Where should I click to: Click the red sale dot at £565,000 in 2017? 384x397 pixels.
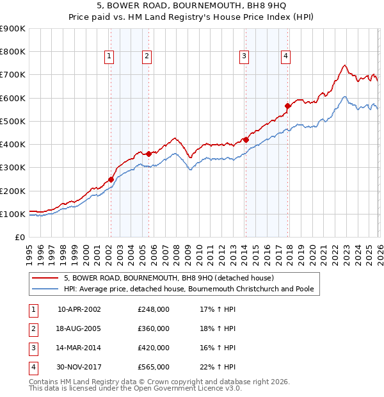tap(288, 106)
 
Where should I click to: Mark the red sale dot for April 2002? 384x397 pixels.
tap(111, 180)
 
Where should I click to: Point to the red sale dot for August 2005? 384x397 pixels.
tap(148, 154)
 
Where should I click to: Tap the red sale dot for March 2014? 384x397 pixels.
tap(246, 140)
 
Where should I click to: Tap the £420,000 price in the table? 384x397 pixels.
tap(154, 348)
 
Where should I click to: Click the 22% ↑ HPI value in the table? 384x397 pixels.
tap(218, 367)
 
